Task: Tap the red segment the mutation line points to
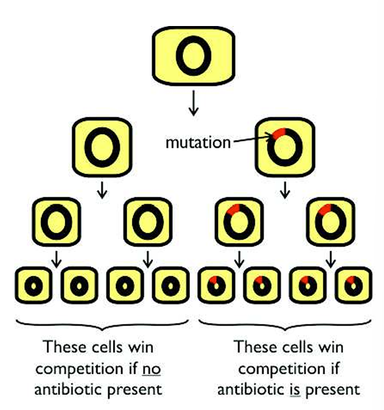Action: [x=278, y=134]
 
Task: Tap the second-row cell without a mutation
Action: [x=101, y=148]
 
